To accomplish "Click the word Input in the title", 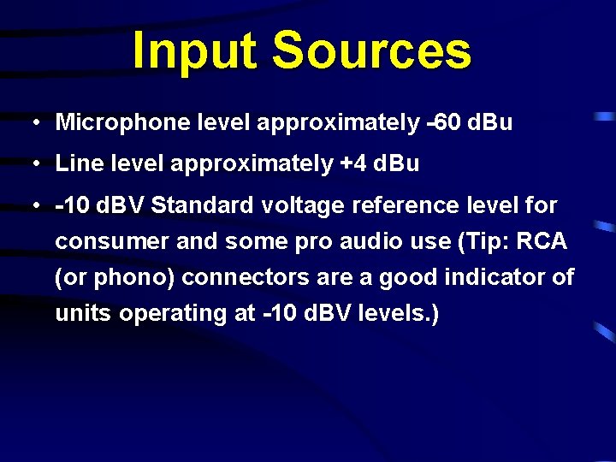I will (194, 51).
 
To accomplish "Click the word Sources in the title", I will (372, 51).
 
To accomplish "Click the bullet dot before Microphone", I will (31, 122).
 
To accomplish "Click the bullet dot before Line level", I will (31, 163).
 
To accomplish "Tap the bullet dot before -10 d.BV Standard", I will (31, 206).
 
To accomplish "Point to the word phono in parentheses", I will (121, 278).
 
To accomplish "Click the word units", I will (84, 314).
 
